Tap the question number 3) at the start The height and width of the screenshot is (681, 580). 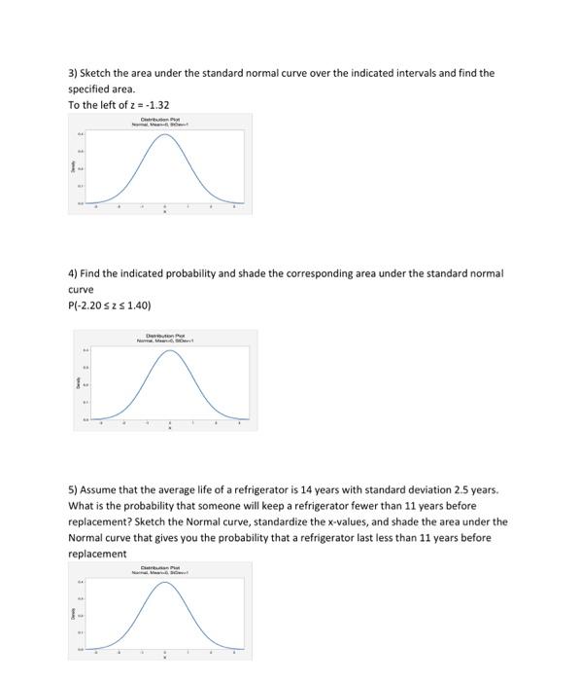[72, 73]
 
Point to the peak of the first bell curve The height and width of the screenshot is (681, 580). [164, 134]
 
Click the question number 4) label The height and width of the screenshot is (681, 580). [73, 273]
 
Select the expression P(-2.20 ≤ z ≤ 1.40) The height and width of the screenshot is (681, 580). [110, 305]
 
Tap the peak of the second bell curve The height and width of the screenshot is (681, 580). [170, 351]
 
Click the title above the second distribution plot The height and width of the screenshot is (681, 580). [169, 338]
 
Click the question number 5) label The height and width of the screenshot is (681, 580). [73, 490]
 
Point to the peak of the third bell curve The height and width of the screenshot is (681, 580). [164, 582]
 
